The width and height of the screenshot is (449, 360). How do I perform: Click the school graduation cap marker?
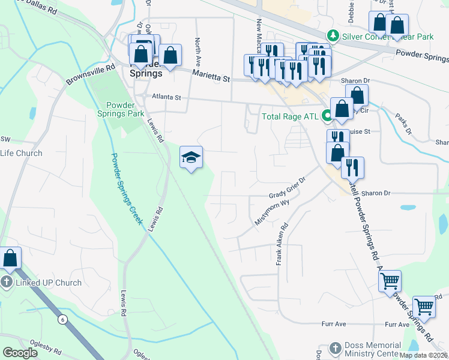click(191, 158)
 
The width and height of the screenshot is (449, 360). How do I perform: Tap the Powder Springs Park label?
click(121, 109)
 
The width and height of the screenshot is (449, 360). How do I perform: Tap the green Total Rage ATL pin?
click(328, 116)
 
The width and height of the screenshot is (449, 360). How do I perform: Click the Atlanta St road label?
click(167, 96)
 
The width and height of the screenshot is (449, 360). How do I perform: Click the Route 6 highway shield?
click(62, 319)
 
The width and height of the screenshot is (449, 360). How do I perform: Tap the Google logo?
click(20, 353)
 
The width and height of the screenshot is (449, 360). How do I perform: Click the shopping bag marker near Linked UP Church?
click(11, 258)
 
